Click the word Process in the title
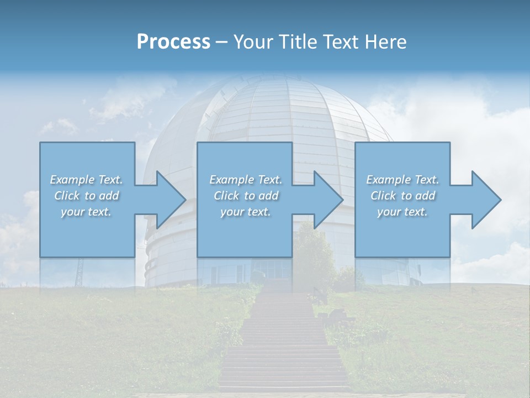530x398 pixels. pyautogui.click(x=173, y=42)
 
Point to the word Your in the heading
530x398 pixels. pyautogui.click(x=252, y=42)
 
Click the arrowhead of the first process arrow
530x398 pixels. pyautogui.click(x=171, y=200)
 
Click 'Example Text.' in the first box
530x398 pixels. pyautogui.click(x=86, y=180)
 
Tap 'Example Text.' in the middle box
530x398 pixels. pyautogui.click(x=246, y=180)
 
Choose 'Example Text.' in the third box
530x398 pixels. pyautogui.click(x=402, y=180)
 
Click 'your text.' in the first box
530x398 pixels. pyautogui.click(x=86, y=212)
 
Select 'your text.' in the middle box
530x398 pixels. pyautogui.click(x=246, y=212)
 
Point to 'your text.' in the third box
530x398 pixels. pyautogui.click(x=402, y=212)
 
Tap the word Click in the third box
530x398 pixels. pyautogui.click(x=383, y=196)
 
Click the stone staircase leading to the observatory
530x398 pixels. pyautogui.click(x=285, y=343)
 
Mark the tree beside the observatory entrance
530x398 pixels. pyautogui.click(x=315, y=254)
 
